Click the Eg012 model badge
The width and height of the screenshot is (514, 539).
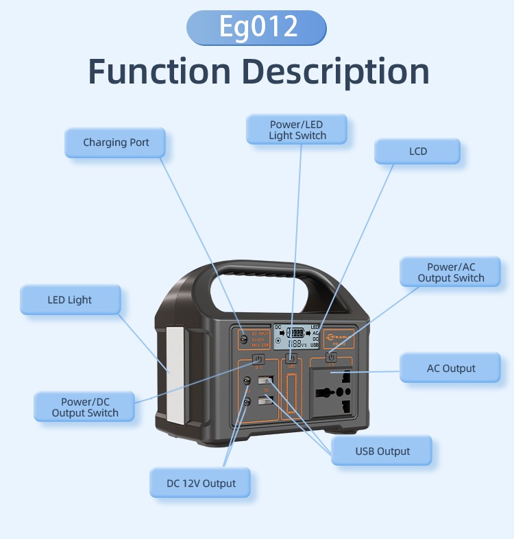point(256,27)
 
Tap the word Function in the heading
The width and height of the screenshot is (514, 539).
point(160,71)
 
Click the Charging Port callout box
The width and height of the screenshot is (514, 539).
point(116,142)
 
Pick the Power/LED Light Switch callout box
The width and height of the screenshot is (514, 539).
point(297,129)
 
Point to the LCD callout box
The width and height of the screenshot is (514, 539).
point(417,151)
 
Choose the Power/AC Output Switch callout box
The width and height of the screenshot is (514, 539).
point(450,272)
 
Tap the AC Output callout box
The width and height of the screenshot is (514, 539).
point(450,368)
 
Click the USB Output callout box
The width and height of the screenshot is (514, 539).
point(382,451)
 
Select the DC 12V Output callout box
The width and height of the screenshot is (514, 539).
point(200,484)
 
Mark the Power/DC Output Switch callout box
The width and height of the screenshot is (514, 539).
point(84,407)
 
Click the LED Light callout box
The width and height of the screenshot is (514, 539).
point(70,300)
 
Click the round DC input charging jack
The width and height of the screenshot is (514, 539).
point(243,338)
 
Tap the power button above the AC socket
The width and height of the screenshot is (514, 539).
point(331,357)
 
